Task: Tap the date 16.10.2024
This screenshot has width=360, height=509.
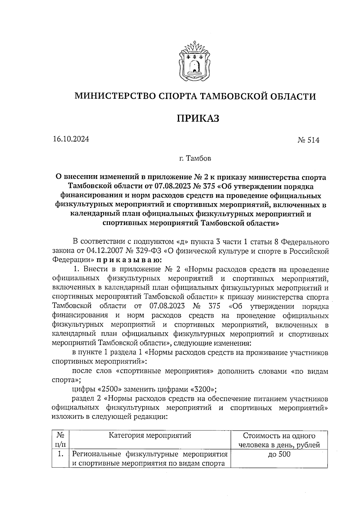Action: point(71,139)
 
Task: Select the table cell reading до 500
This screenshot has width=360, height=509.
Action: point(279,454)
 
